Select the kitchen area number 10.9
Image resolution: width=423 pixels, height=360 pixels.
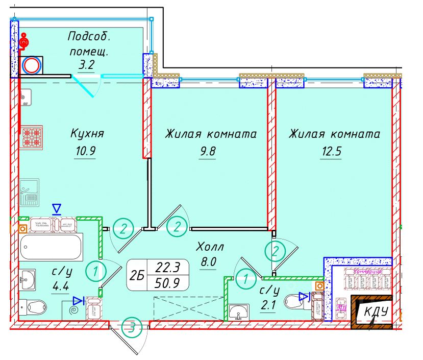coord(85,151)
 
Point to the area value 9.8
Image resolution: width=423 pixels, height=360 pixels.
coord(207,152)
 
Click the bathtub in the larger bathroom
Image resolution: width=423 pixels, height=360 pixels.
coord(51,248)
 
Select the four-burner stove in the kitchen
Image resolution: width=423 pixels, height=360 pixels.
coord(31,136)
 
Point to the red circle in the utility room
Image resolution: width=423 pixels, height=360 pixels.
coord(32,65)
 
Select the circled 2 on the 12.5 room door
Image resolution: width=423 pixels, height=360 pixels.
coord(275,250)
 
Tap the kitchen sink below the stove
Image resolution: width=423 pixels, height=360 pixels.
coord(29,193)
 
